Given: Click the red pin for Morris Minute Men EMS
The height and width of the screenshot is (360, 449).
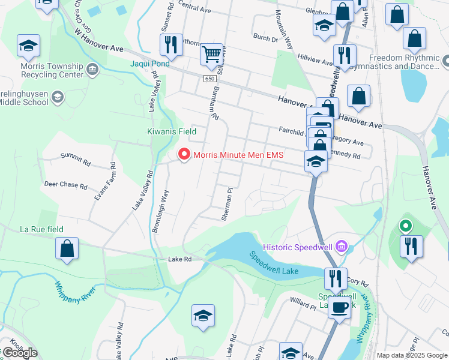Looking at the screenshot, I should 184,155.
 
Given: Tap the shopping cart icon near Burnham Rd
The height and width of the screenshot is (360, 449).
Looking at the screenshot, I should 211,55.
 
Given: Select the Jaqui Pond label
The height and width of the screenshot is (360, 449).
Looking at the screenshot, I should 148,64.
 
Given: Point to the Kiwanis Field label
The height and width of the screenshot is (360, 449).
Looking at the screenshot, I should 172,131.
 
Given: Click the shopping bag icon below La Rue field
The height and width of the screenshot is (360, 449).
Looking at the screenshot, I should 67,249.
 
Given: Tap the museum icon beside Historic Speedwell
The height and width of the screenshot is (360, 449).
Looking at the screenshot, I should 342,247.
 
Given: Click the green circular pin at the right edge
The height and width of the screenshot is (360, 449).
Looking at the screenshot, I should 406,226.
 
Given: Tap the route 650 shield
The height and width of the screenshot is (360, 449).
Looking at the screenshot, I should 209,79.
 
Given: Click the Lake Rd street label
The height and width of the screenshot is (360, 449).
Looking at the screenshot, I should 179,259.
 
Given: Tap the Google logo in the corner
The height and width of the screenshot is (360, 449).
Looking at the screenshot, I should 19,353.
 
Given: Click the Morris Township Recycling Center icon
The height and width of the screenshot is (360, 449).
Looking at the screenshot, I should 92,70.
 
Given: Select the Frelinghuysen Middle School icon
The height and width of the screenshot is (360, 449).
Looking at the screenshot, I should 58,97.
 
